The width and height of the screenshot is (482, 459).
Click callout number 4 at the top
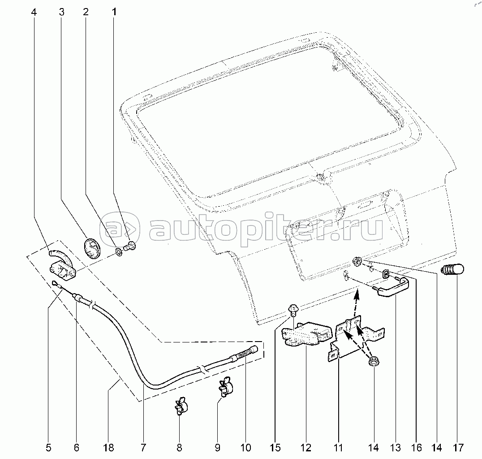pos(34,12)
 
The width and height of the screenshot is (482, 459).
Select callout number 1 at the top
pos(114,12)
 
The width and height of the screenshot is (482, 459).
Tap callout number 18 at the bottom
pos(109,448)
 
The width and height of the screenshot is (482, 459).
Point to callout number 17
pos(458,448)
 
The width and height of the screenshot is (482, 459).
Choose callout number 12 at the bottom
pos(306,448)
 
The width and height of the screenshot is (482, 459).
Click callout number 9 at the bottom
pos(217,448)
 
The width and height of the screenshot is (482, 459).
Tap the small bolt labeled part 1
pos(130,246)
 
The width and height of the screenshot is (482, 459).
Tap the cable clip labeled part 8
pos(181,406)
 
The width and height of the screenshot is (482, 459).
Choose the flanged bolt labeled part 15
pos(293,310)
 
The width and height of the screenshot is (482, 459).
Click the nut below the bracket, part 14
pos(374,361)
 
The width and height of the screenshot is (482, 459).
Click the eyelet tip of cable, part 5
pos(55,283)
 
